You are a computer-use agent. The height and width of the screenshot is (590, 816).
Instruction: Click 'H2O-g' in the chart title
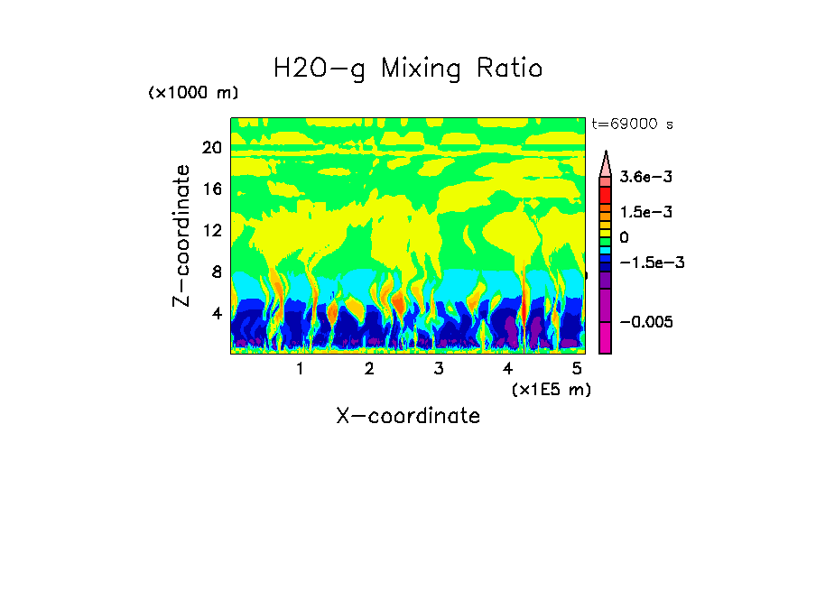pyautogui.click(x=319, y=69)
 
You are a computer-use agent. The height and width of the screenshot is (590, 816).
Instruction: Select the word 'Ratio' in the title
pyautogui.click(x=508, y=69)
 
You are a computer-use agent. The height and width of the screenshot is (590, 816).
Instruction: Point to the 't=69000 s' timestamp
pyautogui.click(x=633, y=124)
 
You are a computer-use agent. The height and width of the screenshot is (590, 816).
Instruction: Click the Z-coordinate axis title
pyautogui.click(x=182, y=235)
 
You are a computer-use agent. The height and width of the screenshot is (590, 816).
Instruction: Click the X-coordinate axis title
pyautogui.click(x=408, y=416)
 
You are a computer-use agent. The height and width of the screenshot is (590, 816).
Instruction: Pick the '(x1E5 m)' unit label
pyautogui.click(x=551, y=389)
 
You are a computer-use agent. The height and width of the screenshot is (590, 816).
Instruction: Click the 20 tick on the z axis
pyautogui.click(x=211, y=149)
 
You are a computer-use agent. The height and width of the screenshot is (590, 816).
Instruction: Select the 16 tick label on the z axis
pyautogui.click(x=211, y=189)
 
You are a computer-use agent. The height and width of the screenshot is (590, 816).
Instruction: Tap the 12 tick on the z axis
pyautogui.click(x=211, y=231)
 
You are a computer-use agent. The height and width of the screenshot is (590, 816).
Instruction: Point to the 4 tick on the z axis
pyautogui.click(x=216, y=313)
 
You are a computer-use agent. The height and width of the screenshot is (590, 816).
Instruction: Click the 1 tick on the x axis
pyautogui.click(x=300, y=369)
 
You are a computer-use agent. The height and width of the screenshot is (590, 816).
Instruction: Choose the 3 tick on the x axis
pyautogui.click(x=439, y=369)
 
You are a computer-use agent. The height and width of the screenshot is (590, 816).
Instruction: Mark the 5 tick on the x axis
pyautogui.click(x=577, y=369)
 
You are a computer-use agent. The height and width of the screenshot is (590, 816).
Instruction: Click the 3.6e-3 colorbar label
pyautogui.click(x=645, y=178)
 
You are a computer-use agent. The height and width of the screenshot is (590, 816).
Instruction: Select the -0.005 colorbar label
pyautogui.click(x=645, y=322)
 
